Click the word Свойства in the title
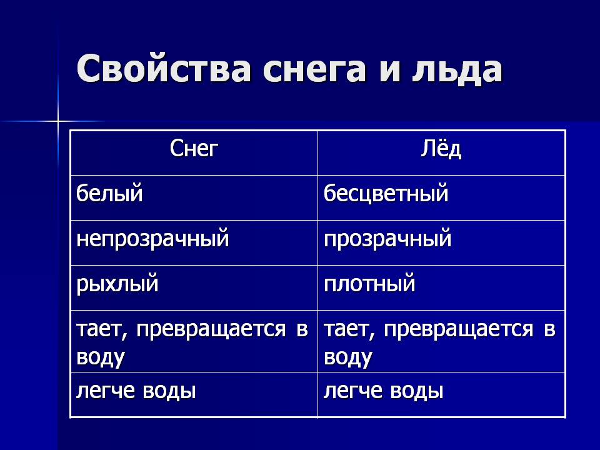point(164,69)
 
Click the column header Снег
point(194,149)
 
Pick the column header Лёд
point(441,148)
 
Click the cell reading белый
point(109,192)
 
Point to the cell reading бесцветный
point(386,193)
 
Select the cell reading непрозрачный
point(152,239)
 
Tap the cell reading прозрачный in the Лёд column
point(387,239)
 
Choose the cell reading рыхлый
point(117,284)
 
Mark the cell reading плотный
point(369,284)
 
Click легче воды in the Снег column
point(136,391)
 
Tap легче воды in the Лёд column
point(383,391)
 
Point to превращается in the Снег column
point(211,330)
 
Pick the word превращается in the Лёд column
point(458,330)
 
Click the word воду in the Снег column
point(101,357)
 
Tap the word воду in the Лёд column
point(348,357)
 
